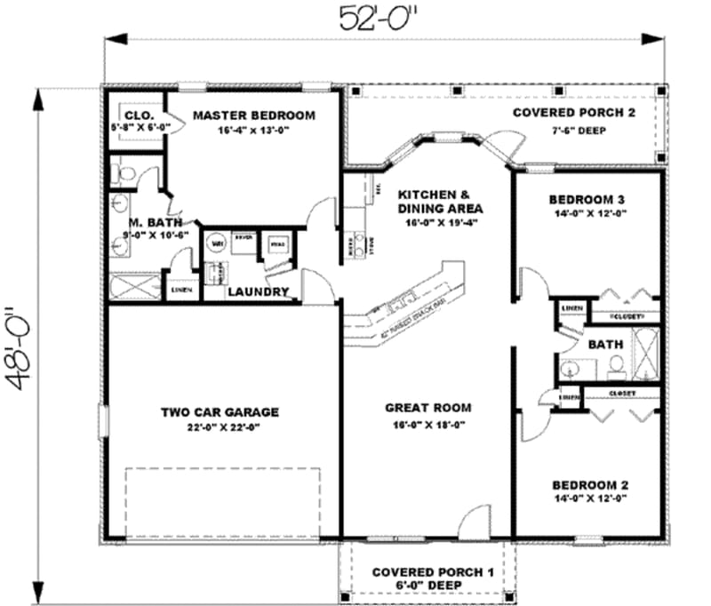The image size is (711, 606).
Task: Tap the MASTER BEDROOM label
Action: click(253, 116)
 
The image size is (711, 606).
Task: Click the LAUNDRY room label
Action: click(258, 291)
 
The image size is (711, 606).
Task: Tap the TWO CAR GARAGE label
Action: click(220, 412)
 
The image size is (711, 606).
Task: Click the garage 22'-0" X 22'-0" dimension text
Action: click(220, 427)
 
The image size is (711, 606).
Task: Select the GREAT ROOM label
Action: click(427, 408)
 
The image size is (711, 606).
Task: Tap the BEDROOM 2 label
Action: click(590, 485)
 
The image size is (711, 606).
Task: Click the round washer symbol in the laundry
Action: click(216, 242)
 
